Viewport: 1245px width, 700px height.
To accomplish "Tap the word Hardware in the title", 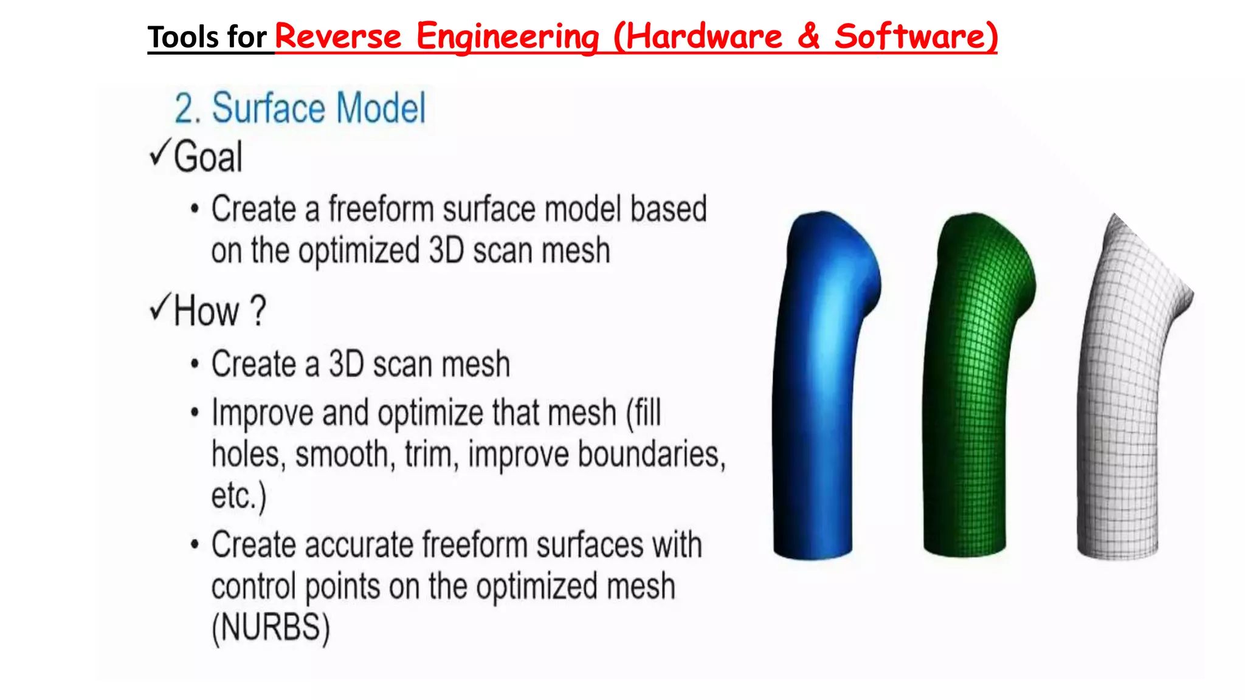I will click(703, 36).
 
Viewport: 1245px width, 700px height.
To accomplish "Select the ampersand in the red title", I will click(809, 36).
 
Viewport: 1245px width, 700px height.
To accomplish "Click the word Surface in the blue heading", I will click(269, 109).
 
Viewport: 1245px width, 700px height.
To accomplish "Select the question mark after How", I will click(258, 311).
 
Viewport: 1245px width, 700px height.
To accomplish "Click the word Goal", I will click(208, 157).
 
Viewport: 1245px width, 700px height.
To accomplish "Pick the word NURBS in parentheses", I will click(271, 627).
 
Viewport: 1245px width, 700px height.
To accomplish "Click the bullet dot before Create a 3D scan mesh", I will click(195, 365).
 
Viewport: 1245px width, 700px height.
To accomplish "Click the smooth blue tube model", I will click(821, 389).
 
